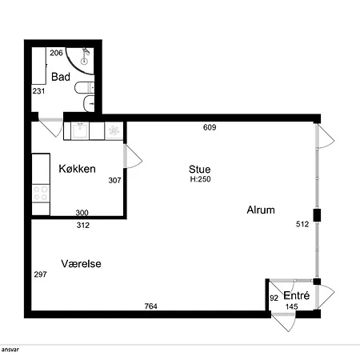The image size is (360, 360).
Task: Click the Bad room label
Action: [x=61, y=77]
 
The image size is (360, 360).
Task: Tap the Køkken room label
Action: [x=77, y=169]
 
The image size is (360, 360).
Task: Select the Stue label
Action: [x=200, y=170]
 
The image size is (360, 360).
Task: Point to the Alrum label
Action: [x=261, y=210]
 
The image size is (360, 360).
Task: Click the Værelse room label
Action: [x=81, y=264]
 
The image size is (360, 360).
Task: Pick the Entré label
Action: [x=297, y=295]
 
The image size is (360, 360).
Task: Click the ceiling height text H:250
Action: [x=200, y=179]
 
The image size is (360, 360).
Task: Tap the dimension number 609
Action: [x=210, y=127]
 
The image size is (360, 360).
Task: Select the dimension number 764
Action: [x=151, y=306]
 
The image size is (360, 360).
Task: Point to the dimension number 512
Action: [x=302, y=224]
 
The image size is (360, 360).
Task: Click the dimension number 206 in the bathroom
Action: [x=56, y=53]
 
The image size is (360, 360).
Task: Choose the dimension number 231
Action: [x=38, y=91]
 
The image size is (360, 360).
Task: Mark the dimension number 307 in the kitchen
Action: [x=114, y=181]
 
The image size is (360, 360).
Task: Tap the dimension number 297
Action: [x=41, y=274]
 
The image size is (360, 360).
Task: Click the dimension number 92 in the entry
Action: [x=274, y=298]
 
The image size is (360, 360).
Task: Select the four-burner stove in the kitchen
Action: [x=41, y=194]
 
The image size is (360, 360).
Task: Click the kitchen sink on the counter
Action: [x=80, y=130]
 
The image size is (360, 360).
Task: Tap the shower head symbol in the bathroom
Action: [x=85, y=55]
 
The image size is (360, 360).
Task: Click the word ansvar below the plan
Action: [x=10, y=350]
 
